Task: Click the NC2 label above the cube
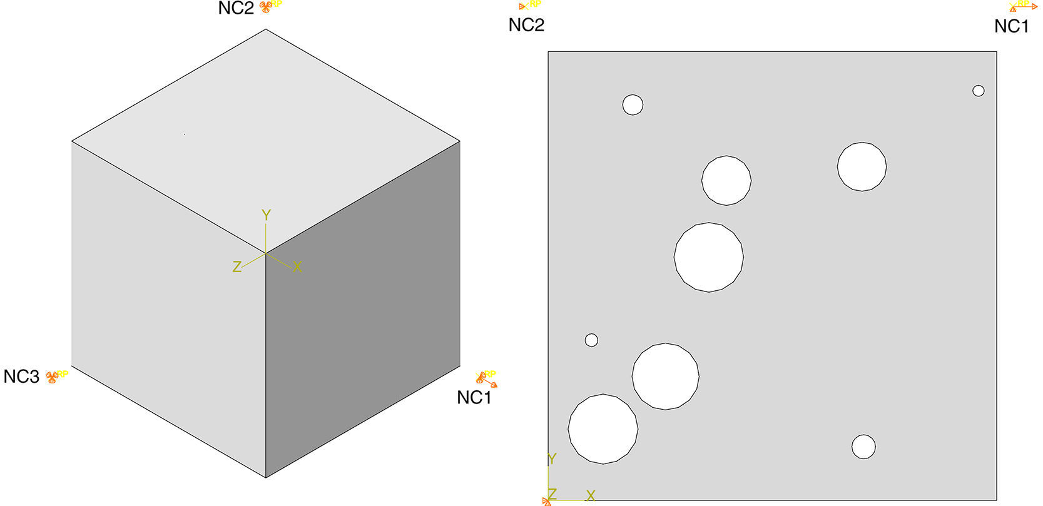click(x=236, y=8)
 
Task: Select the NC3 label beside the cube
click(x=21, y=377)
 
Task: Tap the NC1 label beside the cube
click(x=474, y=398)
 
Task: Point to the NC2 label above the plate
click(x=526, y=25)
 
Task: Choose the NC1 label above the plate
click(x=1011, y=26)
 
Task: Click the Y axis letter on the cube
click(x=266, y=215)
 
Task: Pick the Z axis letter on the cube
click(x=237, y=266)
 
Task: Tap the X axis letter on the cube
click(x=297, y=266)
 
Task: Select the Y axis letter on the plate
click(x=552, y=459)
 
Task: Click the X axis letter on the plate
click(x=591, y=496)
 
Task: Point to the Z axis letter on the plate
click(x=552, y=494)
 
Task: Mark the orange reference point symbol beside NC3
click(x=52, y=377)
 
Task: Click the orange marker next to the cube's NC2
click(x=265, y=7)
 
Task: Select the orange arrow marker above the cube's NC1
click(x=486, y=380)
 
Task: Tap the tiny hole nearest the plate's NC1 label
click(x=979, y=91)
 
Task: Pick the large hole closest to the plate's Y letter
click(x=603, y=429)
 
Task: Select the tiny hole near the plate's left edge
click(x=591, y=340)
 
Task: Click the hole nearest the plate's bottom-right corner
click(x=863, y=447)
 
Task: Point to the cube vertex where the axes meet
click(x=266, y=253)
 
